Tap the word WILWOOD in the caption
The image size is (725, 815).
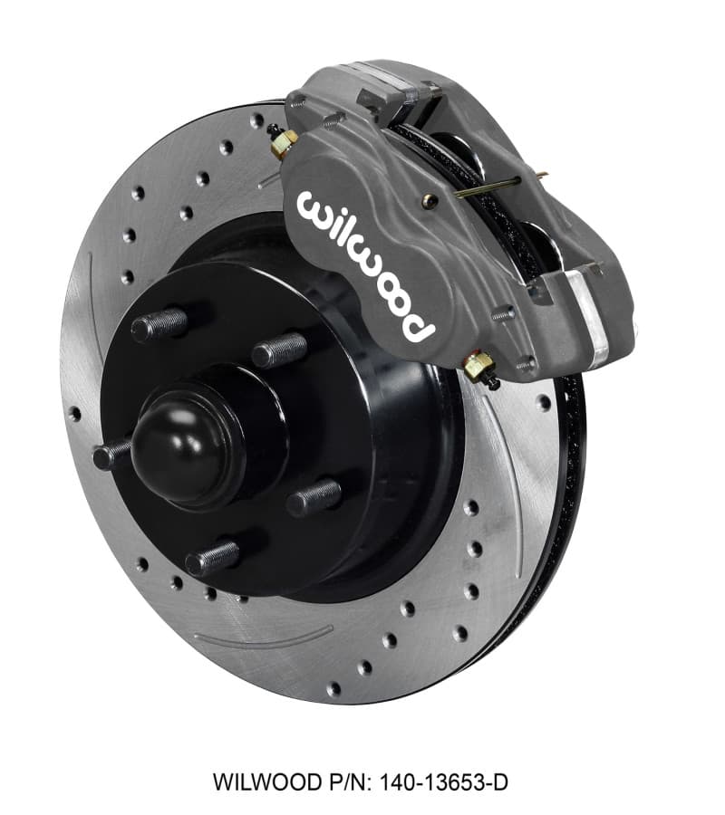coord(253,780)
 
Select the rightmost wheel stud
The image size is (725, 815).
coord(314,497)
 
